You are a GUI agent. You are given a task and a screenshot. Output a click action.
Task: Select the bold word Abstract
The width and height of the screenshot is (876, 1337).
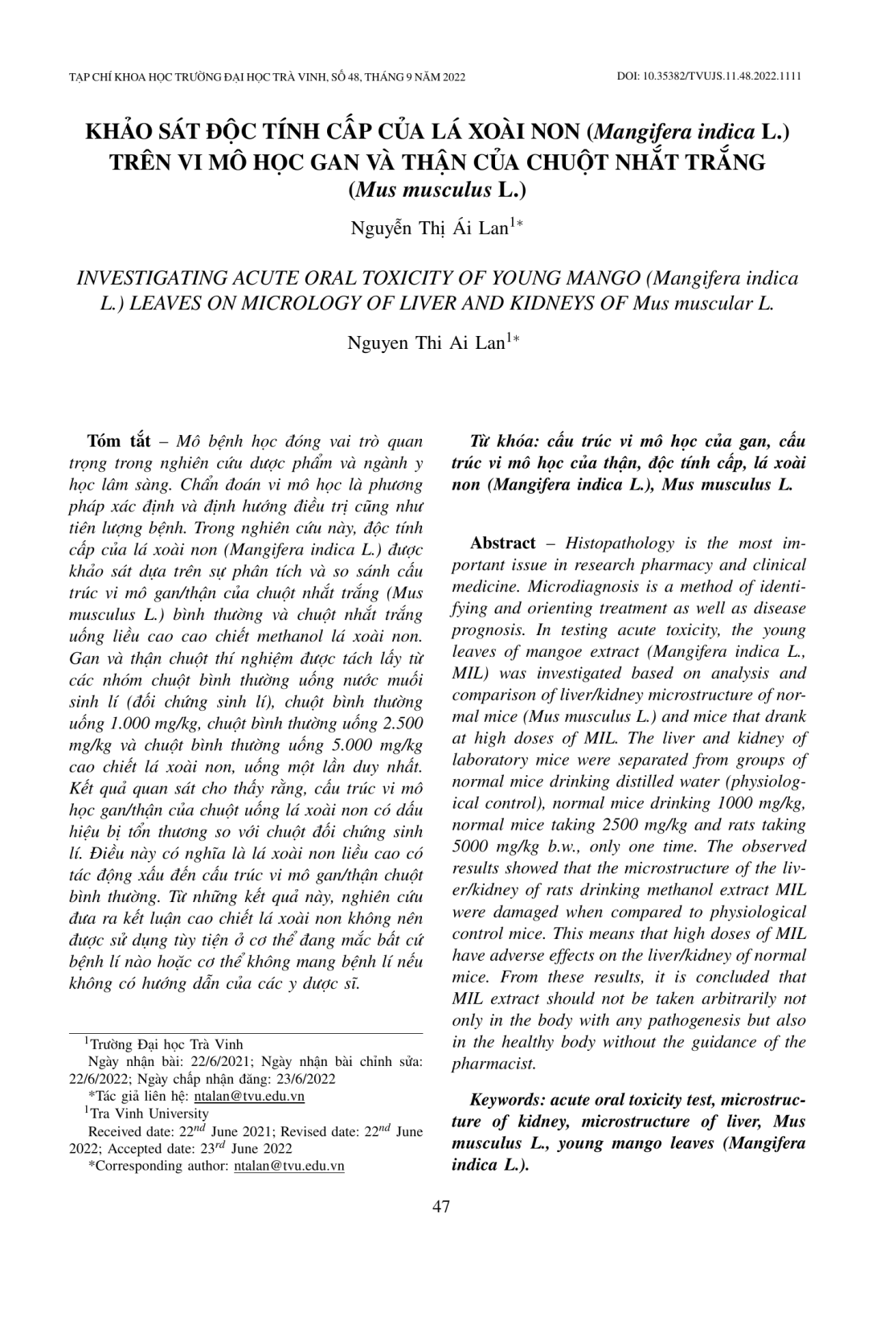pyautogui.click(x=502, y=543)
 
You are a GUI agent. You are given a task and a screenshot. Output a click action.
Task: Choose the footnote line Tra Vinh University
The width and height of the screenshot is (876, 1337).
pyautogui.click(x=151, y=1113)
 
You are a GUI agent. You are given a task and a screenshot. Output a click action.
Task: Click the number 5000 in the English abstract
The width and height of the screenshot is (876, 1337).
pyautogui.click(x=471, y=847)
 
